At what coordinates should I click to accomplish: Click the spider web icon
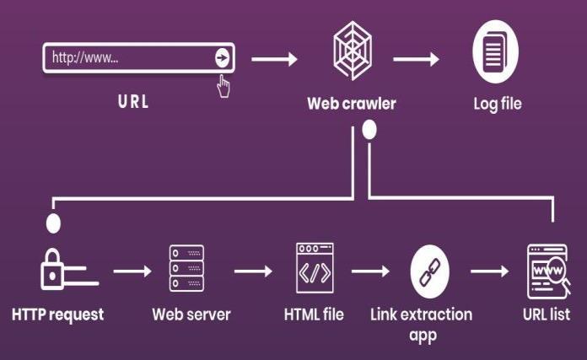click(x=350, y=55)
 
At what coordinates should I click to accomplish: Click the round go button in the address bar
click(x=222, y=57)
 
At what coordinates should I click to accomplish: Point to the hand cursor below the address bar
click(x=224, y=86)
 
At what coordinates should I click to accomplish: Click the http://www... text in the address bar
click(x=84, y=58)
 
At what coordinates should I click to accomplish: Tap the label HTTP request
click(x=58, y=314)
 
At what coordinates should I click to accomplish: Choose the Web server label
click(x=191, y=314)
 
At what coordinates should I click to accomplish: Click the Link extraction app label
click(x=422, y=324)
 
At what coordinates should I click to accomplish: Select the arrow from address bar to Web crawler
click(x=274, y=59)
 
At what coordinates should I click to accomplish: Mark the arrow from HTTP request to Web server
click(x=132, y=271)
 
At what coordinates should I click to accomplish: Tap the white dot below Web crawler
click(x=368, y=131)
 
